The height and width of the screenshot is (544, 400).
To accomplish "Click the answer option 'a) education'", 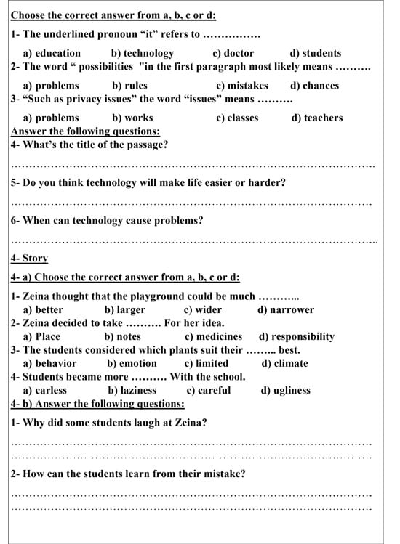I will (52, 53).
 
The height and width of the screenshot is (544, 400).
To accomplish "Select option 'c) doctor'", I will (233, 53).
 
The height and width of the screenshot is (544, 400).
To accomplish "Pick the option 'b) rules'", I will (129, 86).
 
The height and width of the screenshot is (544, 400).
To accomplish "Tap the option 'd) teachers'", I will (317, 118).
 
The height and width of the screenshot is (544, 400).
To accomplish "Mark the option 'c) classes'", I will (237, 118).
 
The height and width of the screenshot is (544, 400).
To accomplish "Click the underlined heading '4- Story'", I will (29, 258).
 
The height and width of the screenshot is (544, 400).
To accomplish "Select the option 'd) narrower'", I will (286, 310).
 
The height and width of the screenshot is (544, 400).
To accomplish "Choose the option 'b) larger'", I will (124, 310).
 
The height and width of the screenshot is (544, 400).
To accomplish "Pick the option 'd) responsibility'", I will (297, 337).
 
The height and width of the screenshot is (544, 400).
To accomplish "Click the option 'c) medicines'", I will (213, 337).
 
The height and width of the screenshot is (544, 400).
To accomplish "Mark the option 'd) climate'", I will (284, 363).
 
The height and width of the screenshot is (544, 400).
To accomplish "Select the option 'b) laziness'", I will (132, 390).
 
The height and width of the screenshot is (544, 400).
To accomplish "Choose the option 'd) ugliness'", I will (285, 390).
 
